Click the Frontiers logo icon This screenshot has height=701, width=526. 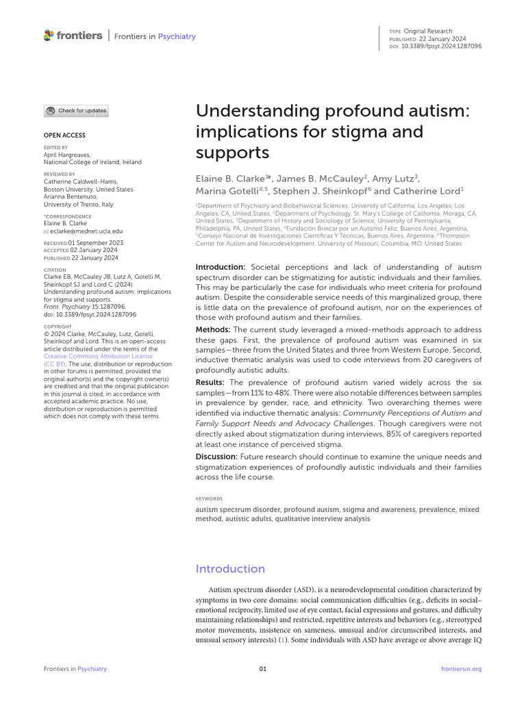click(48, 35)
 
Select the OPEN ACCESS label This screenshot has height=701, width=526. click(64, 136)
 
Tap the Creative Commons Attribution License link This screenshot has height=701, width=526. click(98, 357)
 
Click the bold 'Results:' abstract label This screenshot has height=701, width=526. click(211, 382)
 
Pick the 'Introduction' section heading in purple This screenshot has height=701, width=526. click(230, 569)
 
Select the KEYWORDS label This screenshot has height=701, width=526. click(210, 499)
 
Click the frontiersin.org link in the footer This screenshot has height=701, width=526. click(462, 669)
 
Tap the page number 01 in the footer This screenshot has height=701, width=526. click(263, 669)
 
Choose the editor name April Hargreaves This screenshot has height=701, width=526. click(66, 155)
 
